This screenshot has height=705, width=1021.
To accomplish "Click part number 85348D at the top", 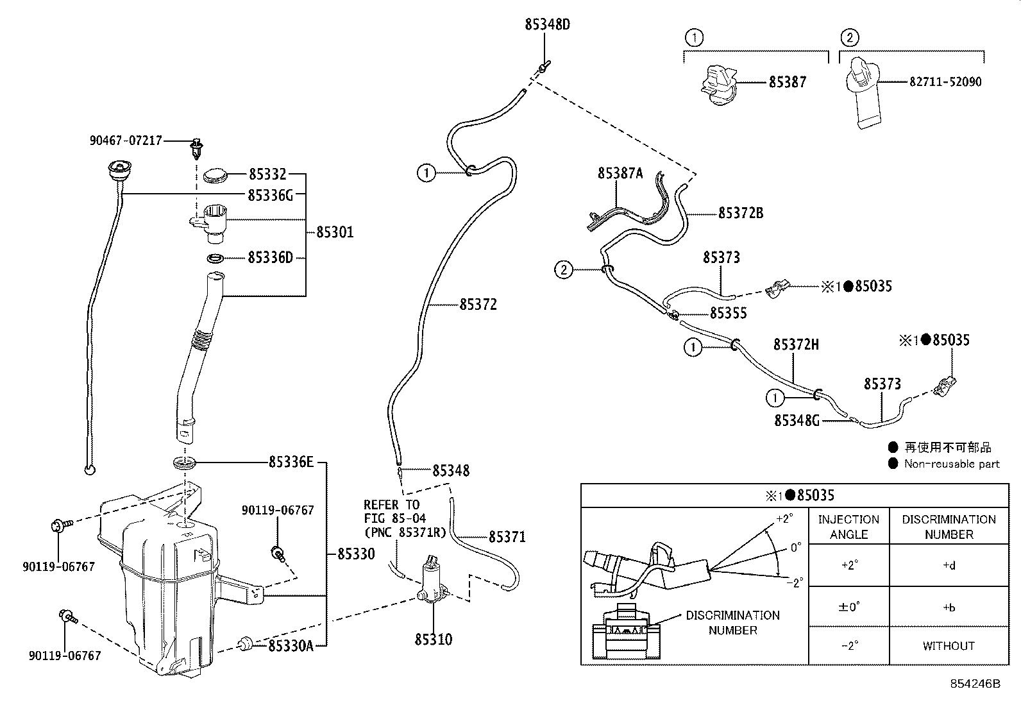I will click(x=547, y=25).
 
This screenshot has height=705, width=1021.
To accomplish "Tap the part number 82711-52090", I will click(x=945, y=82).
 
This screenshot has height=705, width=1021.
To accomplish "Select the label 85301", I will click(x=335, y=232).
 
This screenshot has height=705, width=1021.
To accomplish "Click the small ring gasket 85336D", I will click(x=215, y=259).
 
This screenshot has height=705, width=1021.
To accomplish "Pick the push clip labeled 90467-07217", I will click(x=196, y=149).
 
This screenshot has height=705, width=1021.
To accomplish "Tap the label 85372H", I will click(x=796, y=344).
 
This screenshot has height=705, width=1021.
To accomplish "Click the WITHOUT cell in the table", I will click(x=948, y=646).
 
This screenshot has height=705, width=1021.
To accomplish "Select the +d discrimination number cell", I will click(x=948, y=566).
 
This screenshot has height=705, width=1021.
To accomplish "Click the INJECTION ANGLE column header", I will click(x=848, y=527).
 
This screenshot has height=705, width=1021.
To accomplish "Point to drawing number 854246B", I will click(x=975, y=684).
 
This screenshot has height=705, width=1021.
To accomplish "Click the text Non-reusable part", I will click(x=951, y=464).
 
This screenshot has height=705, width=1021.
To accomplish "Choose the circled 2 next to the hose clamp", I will click(x=563, y=270).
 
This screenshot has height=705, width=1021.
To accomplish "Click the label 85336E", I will click(x=291, y=462).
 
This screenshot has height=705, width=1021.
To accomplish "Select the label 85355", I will click(x=728, y=313).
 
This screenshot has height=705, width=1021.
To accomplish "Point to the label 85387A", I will click(x=620, y=173).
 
